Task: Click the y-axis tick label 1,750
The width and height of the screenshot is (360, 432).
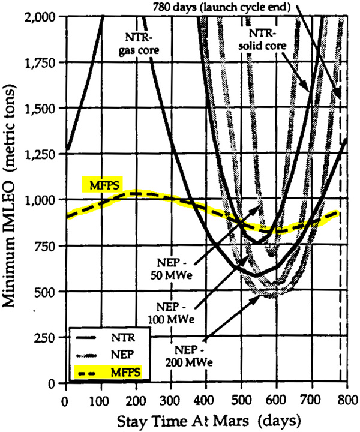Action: point(41,63)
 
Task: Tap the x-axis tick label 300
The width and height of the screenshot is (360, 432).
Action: point(171,401)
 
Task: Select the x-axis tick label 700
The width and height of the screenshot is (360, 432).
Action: point(311,401)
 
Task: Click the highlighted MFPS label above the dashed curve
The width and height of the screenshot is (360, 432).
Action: point(103,185)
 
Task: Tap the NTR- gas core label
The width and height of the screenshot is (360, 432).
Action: point(139,43)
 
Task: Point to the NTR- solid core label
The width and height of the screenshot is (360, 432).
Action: point(262,39)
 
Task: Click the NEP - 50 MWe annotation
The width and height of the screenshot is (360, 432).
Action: point(172,269)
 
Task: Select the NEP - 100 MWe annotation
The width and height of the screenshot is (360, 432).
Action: point(172,313)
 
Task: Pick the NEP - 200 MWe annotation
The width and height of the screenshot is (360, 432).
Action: point(189,356)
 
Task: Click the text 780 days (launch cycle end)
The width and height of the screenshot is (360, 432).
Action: point(222,7)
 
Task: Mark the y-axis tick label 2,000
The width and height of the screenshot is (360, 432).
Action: point(41,17)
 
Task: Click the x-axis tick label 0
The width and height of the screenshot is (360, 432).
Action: point(64,401)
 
